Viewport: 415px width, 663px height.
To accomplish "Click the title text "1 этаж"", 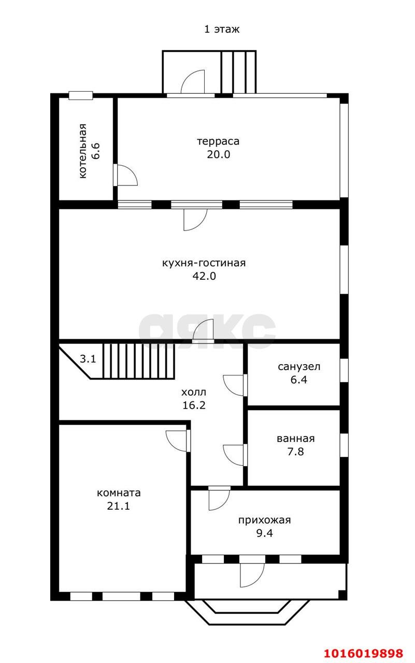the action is coord(222,29).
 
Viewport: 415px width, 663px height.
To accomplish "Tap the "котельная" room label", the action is coord(83,151).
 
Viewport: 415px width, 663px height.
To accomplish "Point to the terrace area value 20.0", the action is coord(219,154).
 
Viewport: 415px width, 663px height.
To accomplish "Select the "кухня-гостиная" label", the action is coord(204,263).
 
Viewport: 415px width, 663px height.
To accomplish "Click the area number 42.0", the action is coord(204,276).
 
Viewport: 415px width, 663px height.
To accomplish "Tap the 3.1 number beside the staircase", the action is coord(88,359).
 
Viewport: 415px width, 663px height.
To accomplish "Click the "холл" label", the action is coord(194,392).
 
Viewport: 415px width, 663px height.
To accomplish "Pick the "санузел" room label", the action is coord(299,367).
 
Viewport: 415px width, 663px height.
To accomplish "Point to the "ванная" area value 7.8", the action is coord(295,451).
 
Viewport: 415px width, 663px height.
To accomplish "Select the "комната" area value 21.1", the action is coord(119,506).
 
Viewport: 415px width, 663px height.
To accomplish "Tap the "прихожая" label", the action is coord(265,520).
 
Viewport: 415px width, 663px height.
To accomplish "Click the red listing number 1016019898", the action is coord(364,653).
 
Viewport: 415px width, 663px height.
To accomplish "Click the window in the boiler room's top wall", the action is coord(81,95).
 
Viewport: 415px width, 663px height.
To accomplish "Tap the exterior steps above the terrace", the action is coord(238,72).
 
